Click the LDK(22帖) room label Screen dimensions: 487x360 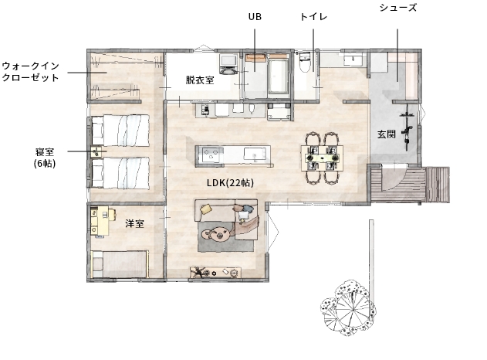pyautogui.click(x=230, y=183)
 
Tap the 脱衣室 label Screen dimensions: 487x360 pyautogui.click(x=200, y=80)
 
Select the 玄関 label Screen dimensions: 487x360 pyautogui.click(x=387, y=134)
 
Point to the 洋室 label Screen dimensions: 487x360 pyautogui.click(x=135, y=223)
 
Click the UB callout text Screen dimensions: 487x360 pyautogui.click(x=255, y=17)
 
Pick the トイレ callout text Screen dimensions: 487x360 pyautogui.click(x=313, y=17)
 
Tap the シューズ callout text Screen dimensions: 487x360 pyautogui.click(x=398, y=8)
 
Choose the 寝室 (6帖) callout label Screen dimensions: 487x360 pyautogui.click(x=45, y=158)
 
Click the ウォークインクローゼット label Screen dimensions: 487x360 pyautogui.click(x=30, y=72)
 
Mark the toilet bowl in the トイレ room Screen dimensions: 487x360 pyautogui.click(x=304, y=63)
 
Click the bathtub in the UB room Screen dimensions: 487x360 pyautogui.click(x=279, y=76)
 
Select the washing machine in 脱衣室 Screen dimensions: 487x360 pyautogui.click(x=228, y=64)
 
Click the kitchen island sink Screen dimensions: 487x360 pyautogui.click(x=255, y=155)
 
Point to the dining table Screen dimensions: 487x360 pyautogui.click(x=323, y=158)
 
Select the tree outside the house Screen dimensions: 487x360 pyautogui.click(x=348, y=307)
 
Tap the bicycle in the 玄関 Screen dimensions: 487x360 pyautogui.click(x=408, y=127)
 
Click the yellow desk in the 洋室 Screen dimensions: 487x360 pyautogui.click(x=100, y=221)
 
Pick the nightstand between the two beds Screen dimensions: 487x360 pyautogui.click(x=96, y=152)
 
